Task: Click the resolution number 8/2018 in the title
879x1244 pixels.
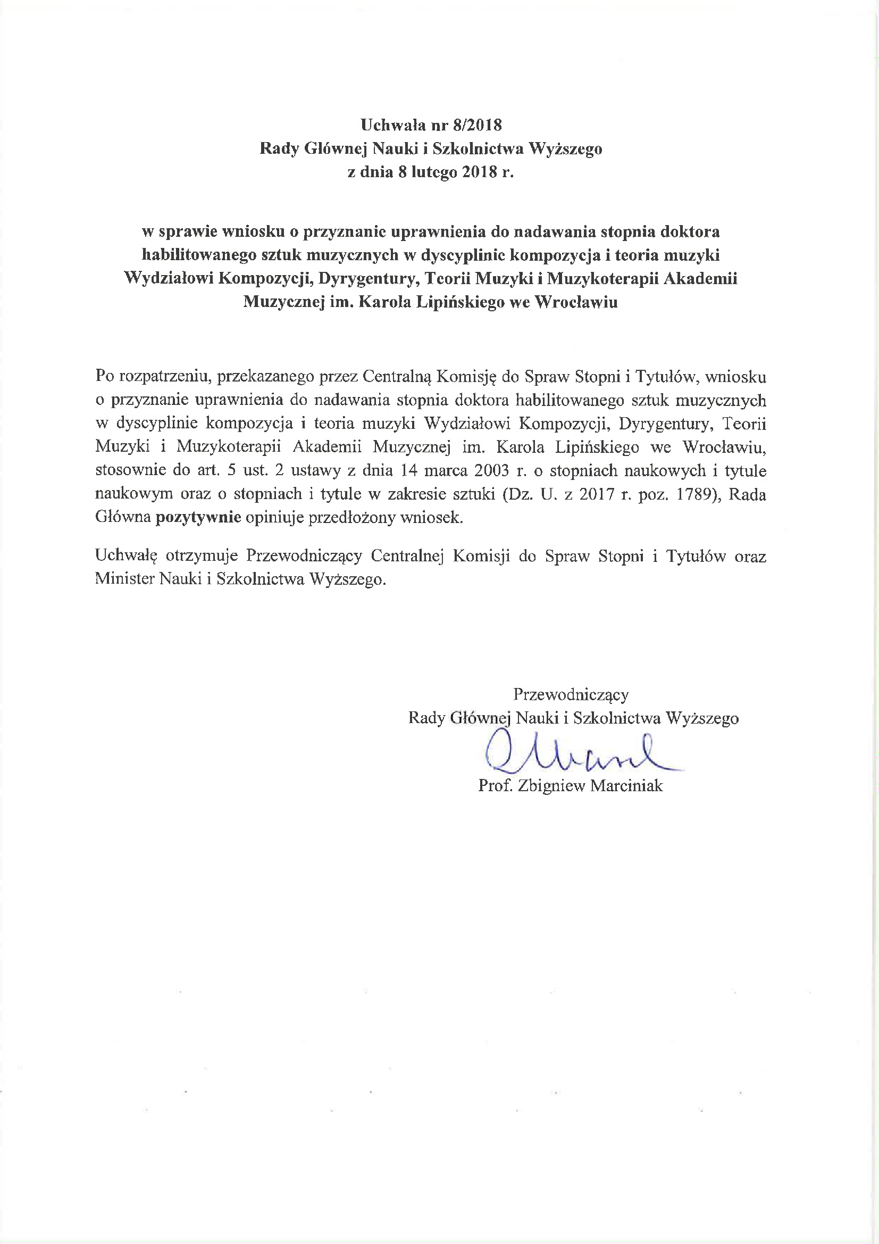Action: [478, 125]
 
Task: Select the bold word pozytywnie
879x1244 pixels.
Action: [198, 517]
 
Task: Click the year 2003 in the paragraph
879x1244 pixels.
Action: [492, 470]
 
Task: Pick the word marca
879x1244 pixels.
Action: [446, 470]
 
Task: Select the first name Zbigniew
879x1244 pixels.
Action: [551, 786]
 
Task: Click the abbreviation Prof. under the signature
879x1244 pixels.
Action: [495, 786]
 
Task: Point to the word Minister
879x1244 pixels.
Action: [124, 579]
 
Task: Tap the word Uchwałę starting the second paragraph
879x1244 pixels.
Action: [126, 556]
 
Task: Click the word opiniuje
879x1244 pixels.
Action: [274, 517]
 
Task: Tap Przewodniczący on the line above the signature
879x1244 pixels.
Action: [571, 694]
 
